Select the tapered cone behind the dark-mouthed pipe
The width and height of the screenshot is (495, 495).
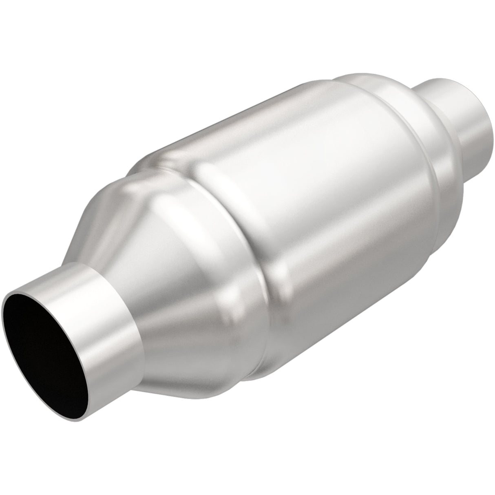[x=171, y=228]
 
